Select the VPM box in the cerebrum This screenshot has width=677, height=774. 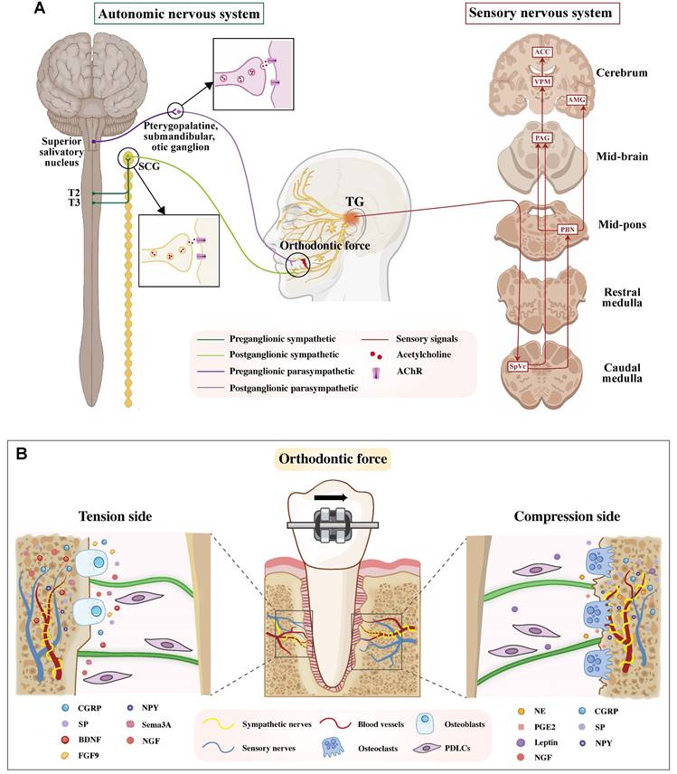[x=541, y=82]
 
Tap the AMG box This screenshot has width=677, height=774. [x=576, y=99]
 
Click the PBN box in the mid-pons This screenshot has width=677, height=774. [x=568, y=230]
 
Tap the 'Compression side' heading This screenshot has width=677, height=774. [x=564, y=516]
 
